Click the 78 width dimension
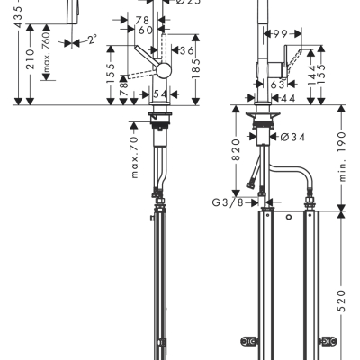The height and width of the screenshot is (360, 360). click(143, 20)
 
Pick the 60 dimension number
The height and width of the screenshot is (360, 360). click(145, 31)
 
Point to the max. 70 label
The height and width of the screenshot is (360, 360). click(133, 157)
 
